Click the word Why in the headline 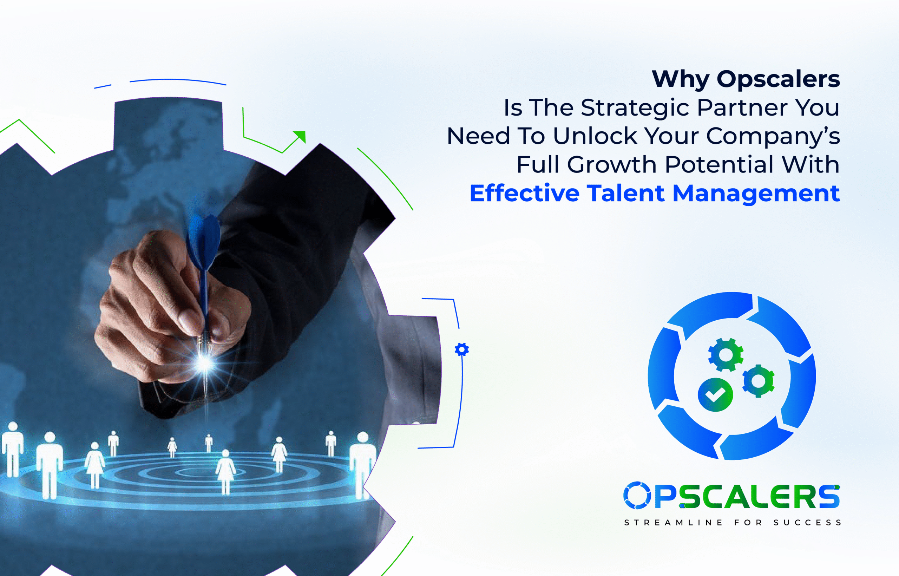click(680, 80)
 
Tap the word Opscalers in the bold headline click(779, 80)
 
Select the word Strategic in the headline click(635, 108)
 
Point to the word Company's click(773, 137)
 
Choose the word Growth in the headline click(612, 165)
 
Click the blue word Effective click(524, 193)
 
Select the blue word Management click(756, 194)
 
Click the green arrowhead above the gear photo click(300, 136)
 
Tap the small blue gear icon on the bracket click(462, 349)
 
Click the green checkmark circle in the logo click(715, 395)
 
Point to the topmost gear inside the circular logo click(726, 355)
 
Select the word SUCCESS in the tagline click(807, 523)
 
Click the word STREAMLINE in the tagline click(673, 523)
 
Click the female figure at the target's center click(225, 472)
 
